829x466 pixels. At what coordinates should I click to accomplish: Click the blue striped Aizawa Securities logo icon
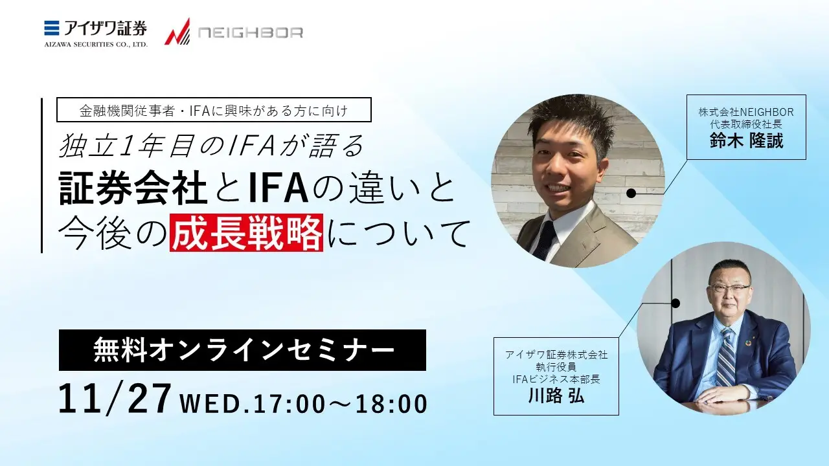pos(52,28)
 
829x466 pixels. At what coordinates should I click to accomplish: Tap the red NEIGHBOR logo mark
pos(177,32)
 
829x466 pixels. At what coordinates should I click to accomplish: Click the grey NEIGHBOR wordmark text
pos(251,32)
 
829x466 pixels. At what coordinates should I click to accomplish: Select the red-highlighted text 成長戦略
pos(246,232)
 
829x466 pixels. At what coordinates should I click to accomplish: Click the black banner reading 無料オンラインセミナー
pos(242,350)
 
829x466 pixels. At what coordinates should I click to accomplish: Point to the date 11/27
pos(115,399)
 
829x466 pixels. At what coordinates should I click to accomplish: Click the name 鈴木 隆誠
pos(746,141)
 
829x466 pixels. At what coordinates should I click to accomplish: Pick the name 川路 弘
pos(556,395)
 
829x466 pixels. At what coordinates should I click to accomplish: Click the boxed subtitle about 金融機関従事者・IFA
pos(214,110)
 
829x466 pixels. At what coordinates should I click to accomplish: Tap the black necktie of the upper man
pos(545,239)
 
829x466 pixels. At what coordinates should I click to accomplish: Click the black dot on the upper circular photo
pos(631,193)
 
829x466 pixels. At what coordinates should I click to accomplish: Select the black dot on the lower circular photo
pos(676,304)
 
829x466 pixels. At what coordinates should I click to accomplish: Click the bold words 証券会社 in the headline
pos(133,189)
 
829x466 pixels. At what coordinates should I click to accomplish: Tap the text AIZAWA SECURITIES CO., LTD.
pos(96,45)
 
